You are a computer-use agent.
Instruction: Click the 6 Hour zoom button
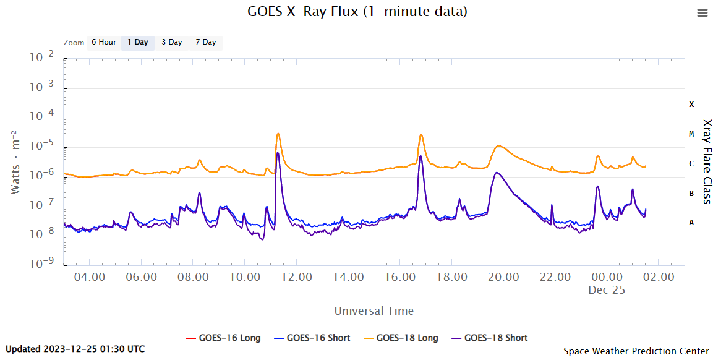103,43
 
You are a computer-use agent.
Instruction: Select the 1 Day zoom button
137,43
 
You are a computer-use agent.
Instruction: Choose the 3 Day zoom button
171,43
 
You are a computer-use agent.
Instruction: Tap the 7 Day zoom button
205,43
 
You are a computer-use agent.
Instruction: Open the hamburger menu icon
702,13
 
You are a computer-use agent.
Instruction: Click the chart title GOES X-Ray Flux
357,12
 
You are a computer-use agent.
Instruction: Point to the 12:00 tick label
296,277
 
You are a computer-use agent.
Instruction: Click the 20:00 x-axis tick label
503,277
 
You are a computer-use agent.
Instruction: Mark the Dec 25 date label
607,290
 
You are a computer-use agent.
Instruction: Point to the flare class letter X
691,105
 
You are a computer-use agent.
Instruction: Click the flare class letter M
691,134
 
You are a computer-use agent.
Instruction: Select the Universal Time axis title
374,311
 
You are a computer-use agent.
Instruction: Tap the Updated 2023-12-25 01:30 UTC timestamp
75,349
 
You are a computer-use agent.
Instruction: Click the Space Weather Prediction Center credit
636,351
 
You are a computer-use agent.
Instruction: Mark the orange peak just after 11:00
278,134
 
